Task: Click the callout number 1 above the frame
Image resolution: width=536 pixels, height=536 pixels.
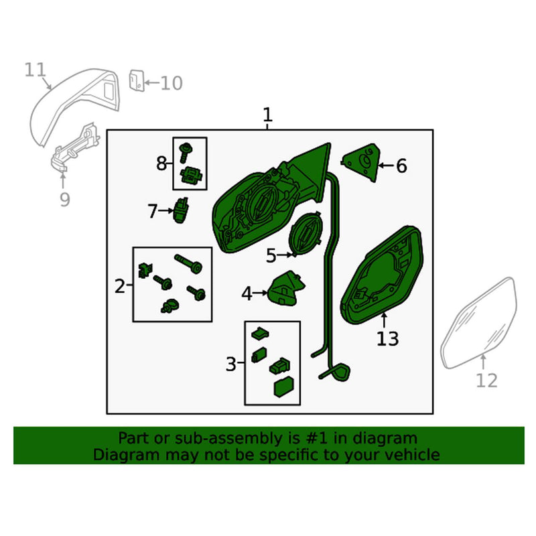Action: point(267,115)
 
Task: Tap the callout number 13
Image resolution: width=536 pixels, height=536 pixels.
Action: point(388,339)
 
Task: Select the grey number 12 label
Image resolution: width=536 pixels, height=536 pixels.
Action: point(486,381)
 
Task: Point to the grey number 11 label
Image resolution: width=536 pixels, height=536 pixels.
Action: point(36,70)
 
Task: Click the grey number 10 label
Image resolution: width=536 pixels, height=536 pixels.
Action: point(172,83)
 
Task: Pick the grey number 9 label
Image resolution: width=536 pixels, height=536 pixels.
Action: point(65,199)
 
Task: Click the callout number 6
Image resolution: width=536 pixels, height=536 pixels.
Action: point(401,166)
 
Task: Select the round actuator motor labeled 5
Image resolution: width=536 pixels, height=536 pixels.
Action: point(306,232)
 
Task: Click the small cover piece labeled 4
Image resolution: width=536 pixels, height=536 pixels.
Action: point(285,289)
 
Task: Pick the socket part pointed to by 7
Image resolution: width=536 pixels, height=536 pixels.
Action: point(181,210)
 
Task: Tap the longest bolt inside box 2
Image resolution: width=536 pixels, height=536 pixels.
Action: point(188,263)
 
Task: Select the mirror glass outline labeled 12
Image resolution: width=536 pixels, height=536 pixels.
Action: point(478,323)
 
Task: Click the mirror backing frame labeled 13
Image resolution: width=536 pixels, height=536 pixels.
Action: point(382,275)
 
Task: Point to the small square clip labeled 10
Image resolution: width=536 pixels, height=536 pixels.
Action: point(137,80)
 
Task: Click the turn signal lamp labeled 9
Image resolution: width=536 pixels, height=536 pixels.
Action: point(74,147)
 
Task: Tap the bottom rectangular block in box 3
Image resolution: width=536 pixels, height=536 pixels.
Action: point(283,387)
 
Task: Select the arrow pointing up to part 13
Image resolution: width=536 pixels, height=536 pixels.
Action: point(384,320)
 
